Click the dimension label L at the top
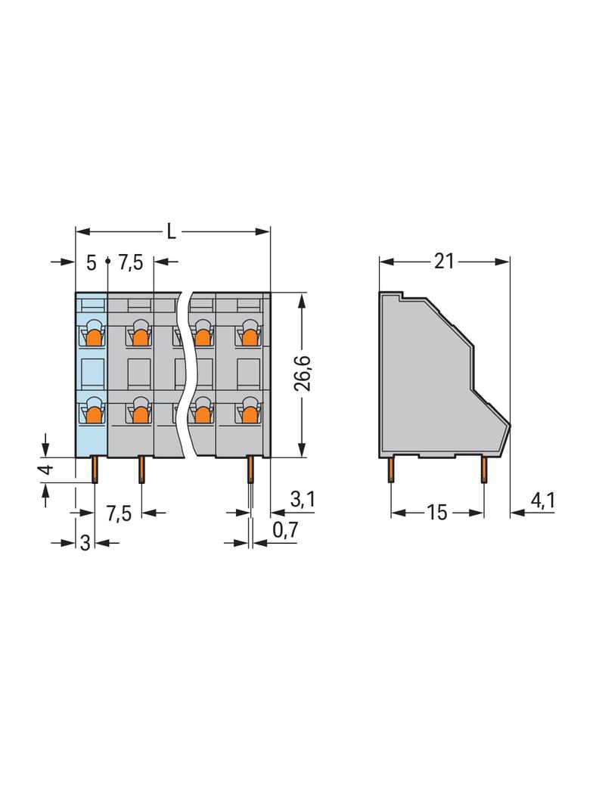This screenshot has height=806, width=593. coord(171,232)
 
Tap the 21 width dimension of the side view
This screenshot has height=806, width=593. coord(444,261)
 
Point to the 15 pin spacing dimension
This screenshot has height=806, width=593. coord(436,513)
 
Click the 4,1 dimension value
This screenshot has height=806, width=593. coord(542,500)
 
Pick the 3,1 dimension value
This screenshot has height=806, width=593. coord(303,499)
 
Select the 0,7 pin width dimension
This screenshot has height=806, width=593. coord(285,530)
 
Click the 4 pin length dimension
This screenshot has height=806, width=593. coord(47,469)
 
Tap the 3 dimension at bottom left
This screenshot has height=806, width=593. coord(85,542)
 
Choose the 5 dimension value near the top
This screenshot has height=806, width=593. coord(91,263)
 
